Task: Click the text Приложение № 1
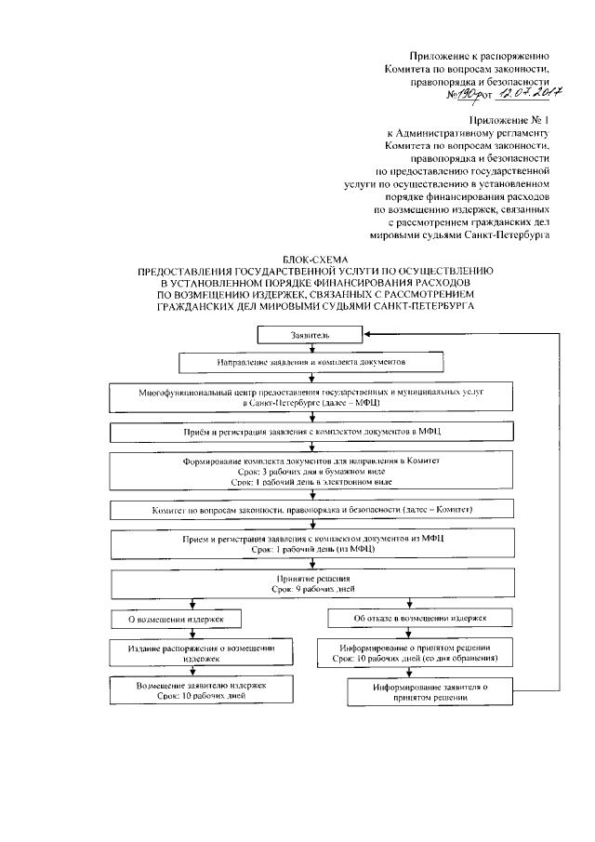point(517,120)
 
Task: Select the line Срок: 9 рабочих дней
point(307,589)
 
